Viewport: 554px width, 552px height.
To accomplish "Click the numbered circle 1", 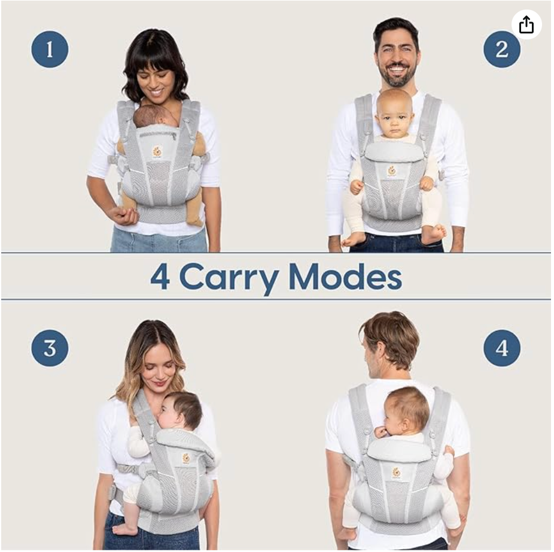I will [50, 49].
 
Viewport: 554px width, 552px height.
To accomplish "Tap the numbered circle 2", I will [501, 49].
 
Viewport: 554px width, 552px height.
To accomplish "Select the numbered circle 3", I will [50, 348].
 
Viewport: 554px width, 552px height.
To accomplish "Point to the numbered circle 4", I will [501, 348].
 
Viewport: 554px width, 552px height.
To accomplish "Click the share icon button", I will [526, 24].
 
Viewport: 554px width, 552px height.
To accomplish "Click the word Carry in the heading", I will [229, 277].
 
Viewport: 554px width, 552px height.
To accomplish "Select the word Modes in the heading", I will [345, 277].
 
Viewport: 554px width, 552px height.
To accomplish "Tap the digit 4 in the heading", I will [160, 277].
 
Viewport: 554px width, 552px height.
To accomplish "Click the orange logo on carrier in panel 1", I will [157, 151].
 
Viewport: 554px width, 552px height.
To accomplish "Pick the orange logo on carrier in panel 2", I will [392, 171].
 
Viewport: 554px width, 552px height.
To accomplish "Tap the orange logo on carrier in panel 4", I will [395, 472].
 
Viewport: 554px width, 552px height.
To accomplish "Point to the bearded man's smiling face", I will [397, 59].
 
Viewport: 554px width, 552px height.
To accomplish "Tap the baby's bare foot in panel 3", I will [124, 528].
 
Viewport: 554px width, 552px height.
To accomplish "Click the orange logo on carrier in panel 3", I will [186, 458].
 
